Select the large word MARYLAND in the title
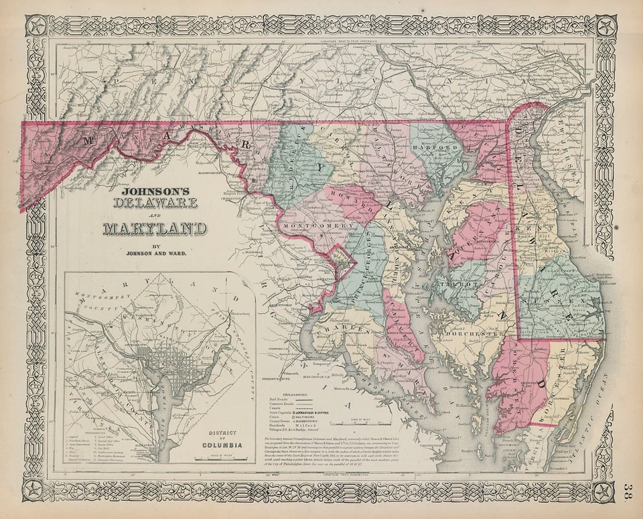155,228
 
